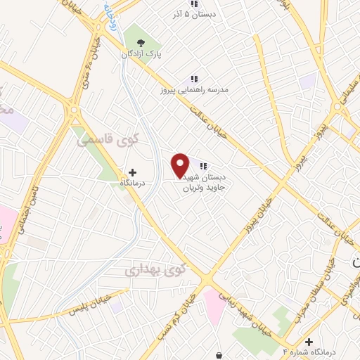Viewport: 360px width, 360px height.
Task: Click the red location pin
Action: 181,165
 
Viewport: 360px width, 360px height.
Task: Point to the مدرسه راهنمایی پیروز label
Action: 194,90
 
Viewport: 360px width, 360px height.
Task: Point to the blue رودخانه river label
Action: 110,14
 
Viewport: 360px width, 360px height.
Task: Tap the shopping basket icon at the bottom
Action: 221,353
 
